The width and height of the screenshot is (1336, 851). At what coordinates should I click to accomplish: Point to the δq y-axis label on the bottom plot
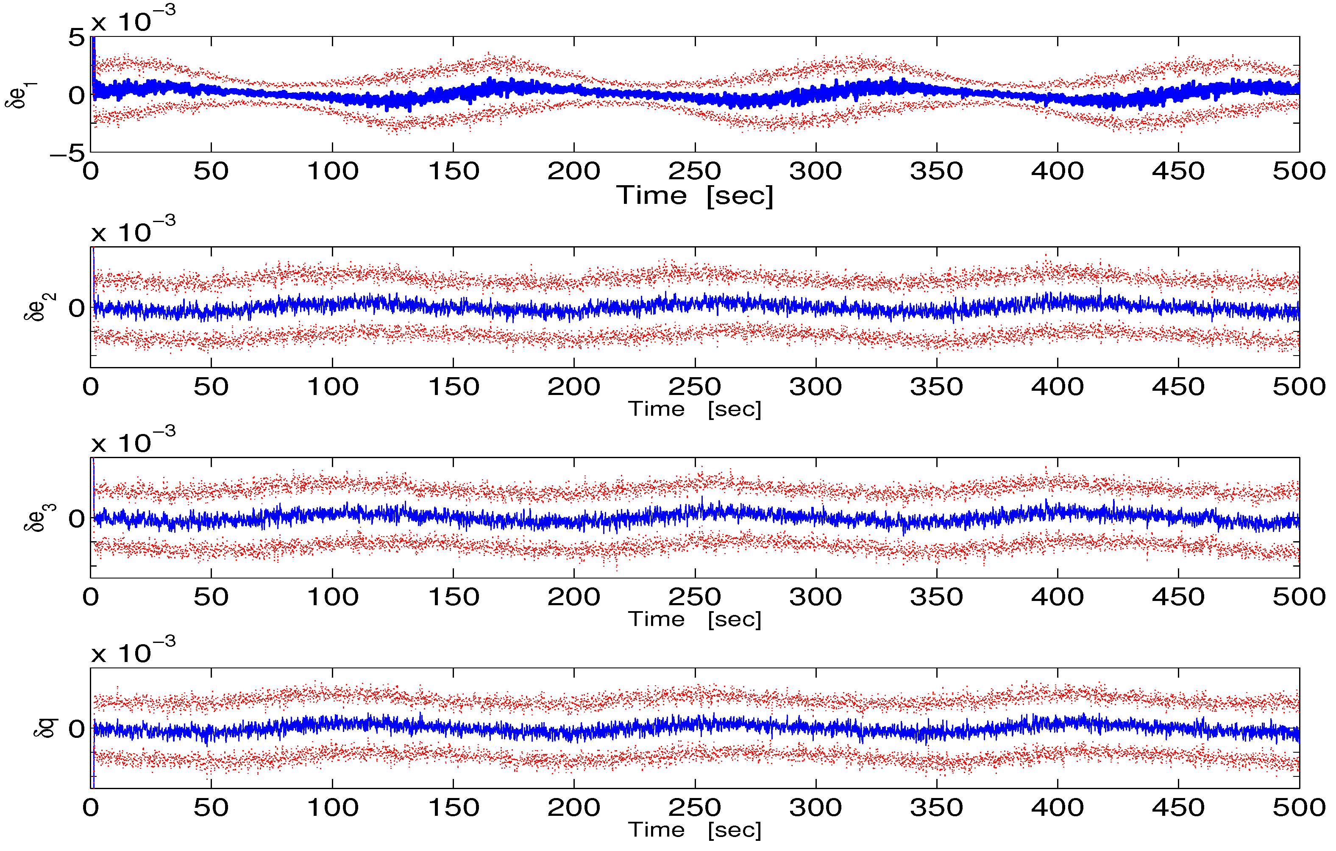[x=45, y=728]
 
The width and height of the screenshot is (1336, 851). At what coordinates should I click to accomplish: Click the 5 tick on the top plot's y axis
[x=77, y=38]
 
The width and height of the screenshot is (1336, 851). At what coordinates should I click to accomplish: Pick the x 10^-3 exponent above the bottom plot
[x=133, y=651]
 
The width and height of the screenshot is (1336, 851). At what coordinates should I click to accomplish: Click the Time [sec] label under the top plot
[x=695, y=196]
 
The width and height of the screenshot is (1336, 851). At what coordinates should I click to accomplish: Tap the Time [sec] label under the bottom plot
[x=695, y=830]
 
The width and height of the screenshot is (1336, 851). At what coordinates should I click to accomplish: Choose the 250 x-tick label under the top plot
[x=695, y=171]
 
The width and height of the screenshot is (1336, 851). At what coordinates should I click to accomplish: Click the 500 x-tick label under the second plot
[x=1299, y=387]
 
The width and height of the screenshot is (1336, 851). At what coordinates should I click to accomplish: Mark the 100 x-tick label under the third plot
[x=333, y=597]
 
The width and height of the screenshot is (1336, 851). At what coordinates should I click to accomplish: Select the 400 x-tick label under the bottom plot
[x=1058, y=807]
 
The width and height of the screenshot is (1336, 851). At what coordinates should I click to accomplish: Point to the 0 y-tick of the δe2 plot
[x=77, y=309]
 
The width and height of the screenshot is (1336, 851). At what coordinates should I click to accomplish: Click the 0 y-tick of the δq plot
[x=77, y=729]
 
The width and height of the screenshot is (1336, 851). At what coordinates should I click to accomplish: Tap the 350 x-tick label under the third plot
[x=937, y=597]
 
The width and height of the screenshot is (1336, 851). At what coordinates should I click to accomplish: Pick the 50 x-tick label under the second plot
[x=211, y=387]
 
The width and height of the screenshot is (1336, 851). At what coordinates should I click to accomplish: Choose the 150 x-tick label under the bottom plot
[x=453, y=807]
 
